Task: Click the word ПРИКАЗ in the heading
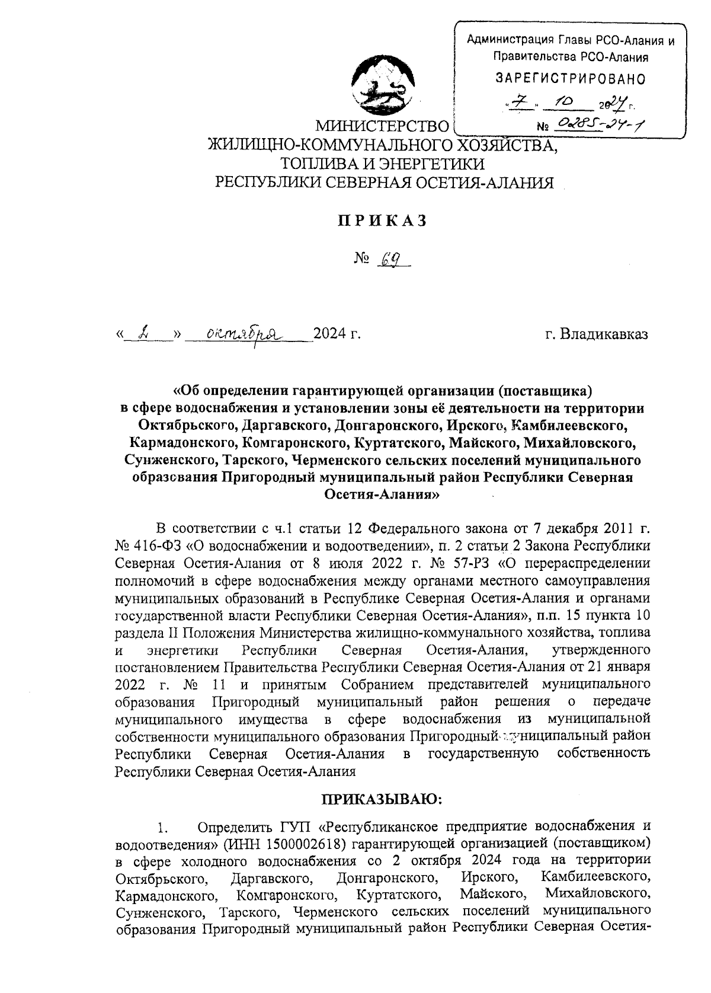[x=382, y=221]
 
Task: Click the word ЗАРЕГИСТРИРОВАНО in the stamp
[x=570, y=78]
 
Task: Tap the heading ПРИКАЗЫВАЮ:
[x=382, y=800]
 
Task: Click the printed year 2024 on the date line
[x=330, y=335]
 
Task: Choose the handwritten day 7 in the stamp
[x=516, y=104]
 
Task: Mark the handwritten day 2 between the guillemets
[x=143, y=334]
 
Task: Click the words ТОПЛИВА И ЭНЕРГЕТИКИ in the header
[x=383, y=164]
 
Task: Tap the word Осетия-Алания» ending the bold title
[x=382, y=494]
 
